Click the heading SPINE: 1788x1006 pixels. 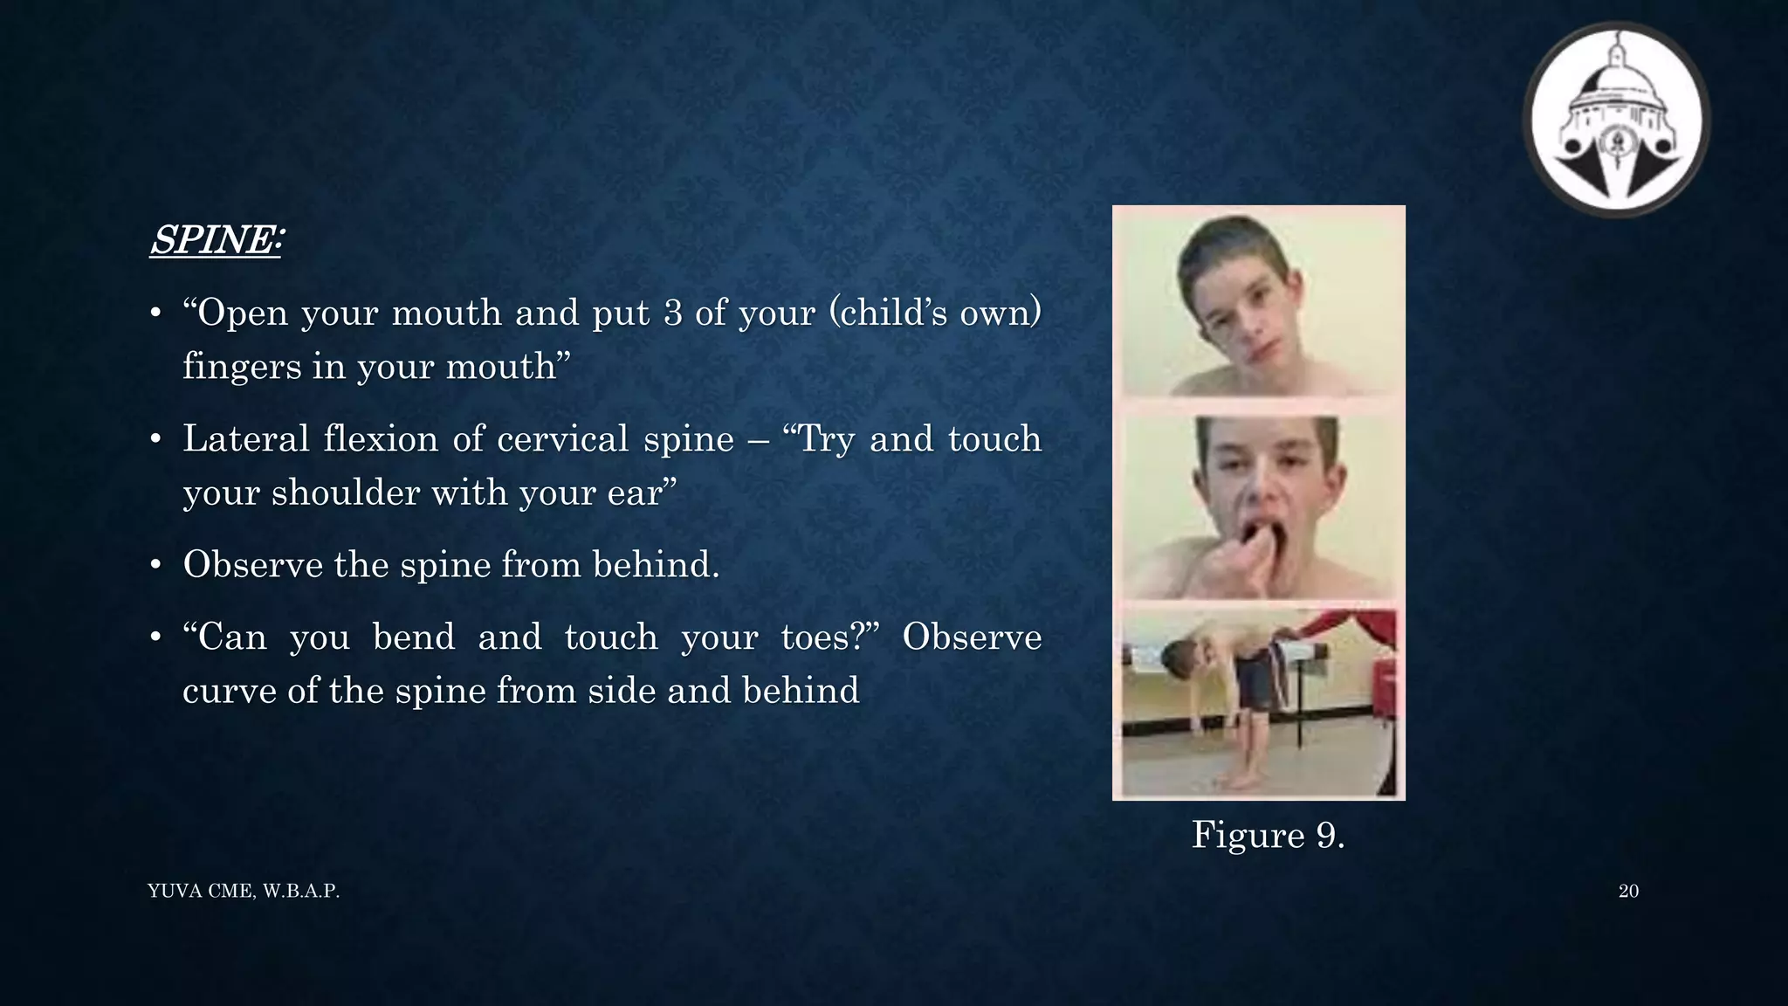tap(216, 240)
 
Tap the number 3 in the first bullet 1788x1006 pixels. tap(672, 313)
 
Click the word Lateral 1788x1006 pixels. tap(245, 438)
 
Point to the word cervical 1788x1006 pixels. tap(562, 438)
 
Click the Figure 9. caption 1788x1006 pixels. tap(1268, 835)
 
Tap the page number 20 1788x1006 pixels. tap(1628, 891)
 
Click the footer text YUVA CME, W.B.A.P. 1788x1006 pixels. tap(244, 891)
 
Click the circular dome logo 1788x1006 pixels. tap(1616, 119)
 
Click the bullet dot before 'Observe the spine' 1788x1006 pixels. tap(155, 566)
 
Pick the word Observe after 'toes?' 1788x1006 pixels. tap(971, 637)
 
